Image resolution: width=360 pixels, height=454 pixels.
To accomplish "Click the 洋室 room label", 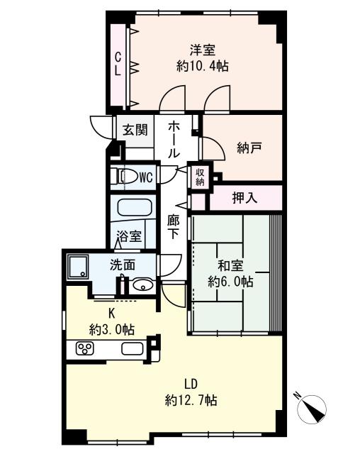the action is [203, 50].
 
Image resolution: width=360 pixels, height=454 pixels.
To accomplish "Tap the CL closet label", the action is [118, 65].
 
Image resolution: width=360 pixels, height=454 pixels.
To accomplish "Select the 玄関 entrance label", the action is [135, 130].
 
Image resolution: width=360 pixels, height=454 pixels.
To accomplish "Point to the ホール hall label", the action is [174, 140].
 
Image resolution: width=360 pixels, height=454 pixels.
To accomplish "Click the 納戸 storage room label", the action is [249, 148].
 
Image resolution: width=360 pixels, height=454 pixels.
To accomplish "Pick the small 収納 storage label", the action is [200, 177].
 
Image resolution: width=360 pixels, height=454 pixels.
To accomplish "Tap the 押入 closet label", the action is [244, 198].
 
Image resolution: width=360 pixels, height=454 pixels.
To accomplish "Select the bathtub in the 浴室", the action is [134, 207].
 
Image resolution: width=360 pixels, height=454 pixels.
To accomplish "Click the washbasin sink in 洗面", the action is [143, 285].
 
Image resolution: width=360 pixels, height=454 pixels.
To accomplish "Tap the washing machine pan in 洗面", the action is [77, 267].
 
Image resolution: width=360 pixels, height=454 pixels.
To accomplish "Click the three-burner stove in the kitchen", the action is [85, 348].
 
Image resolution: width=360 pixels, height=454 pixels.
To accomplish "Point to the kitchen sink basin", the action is [133, 348].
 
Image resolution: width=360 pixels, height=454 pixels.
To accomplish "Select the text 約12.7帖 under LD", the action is [191, 401].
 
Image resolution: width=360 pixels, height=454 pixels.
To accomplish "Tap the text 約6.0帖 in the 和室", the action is [230, 281].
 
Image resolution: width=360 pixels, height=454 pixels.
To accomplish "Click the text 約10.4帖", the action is [203, 67].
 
